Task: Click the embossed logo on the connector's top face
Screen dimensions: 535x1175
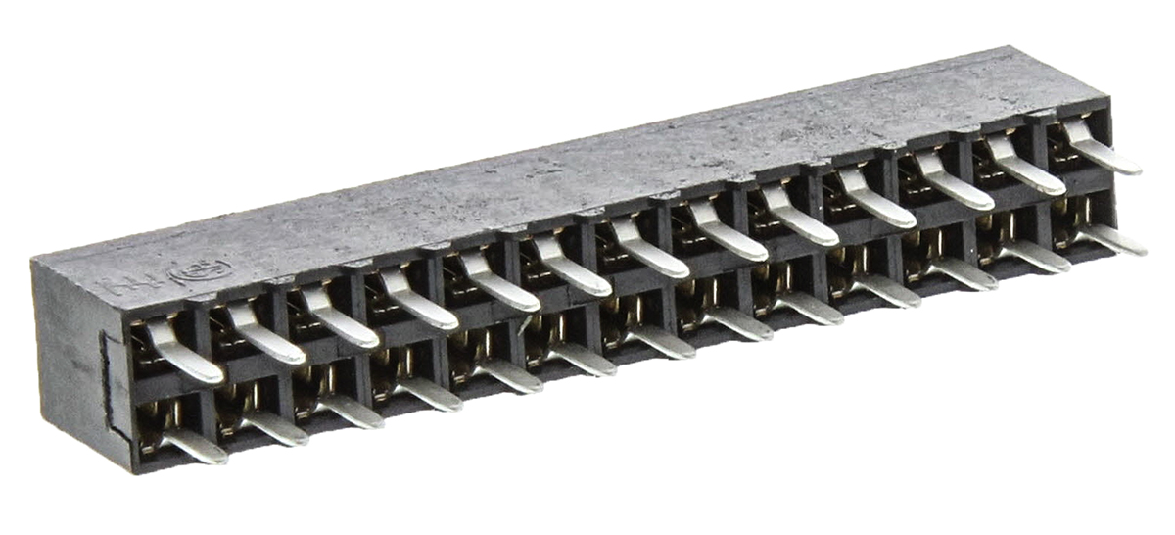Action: (201, 270)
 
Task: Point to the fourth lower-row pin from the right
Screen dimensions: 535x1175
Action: (886, 289)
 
